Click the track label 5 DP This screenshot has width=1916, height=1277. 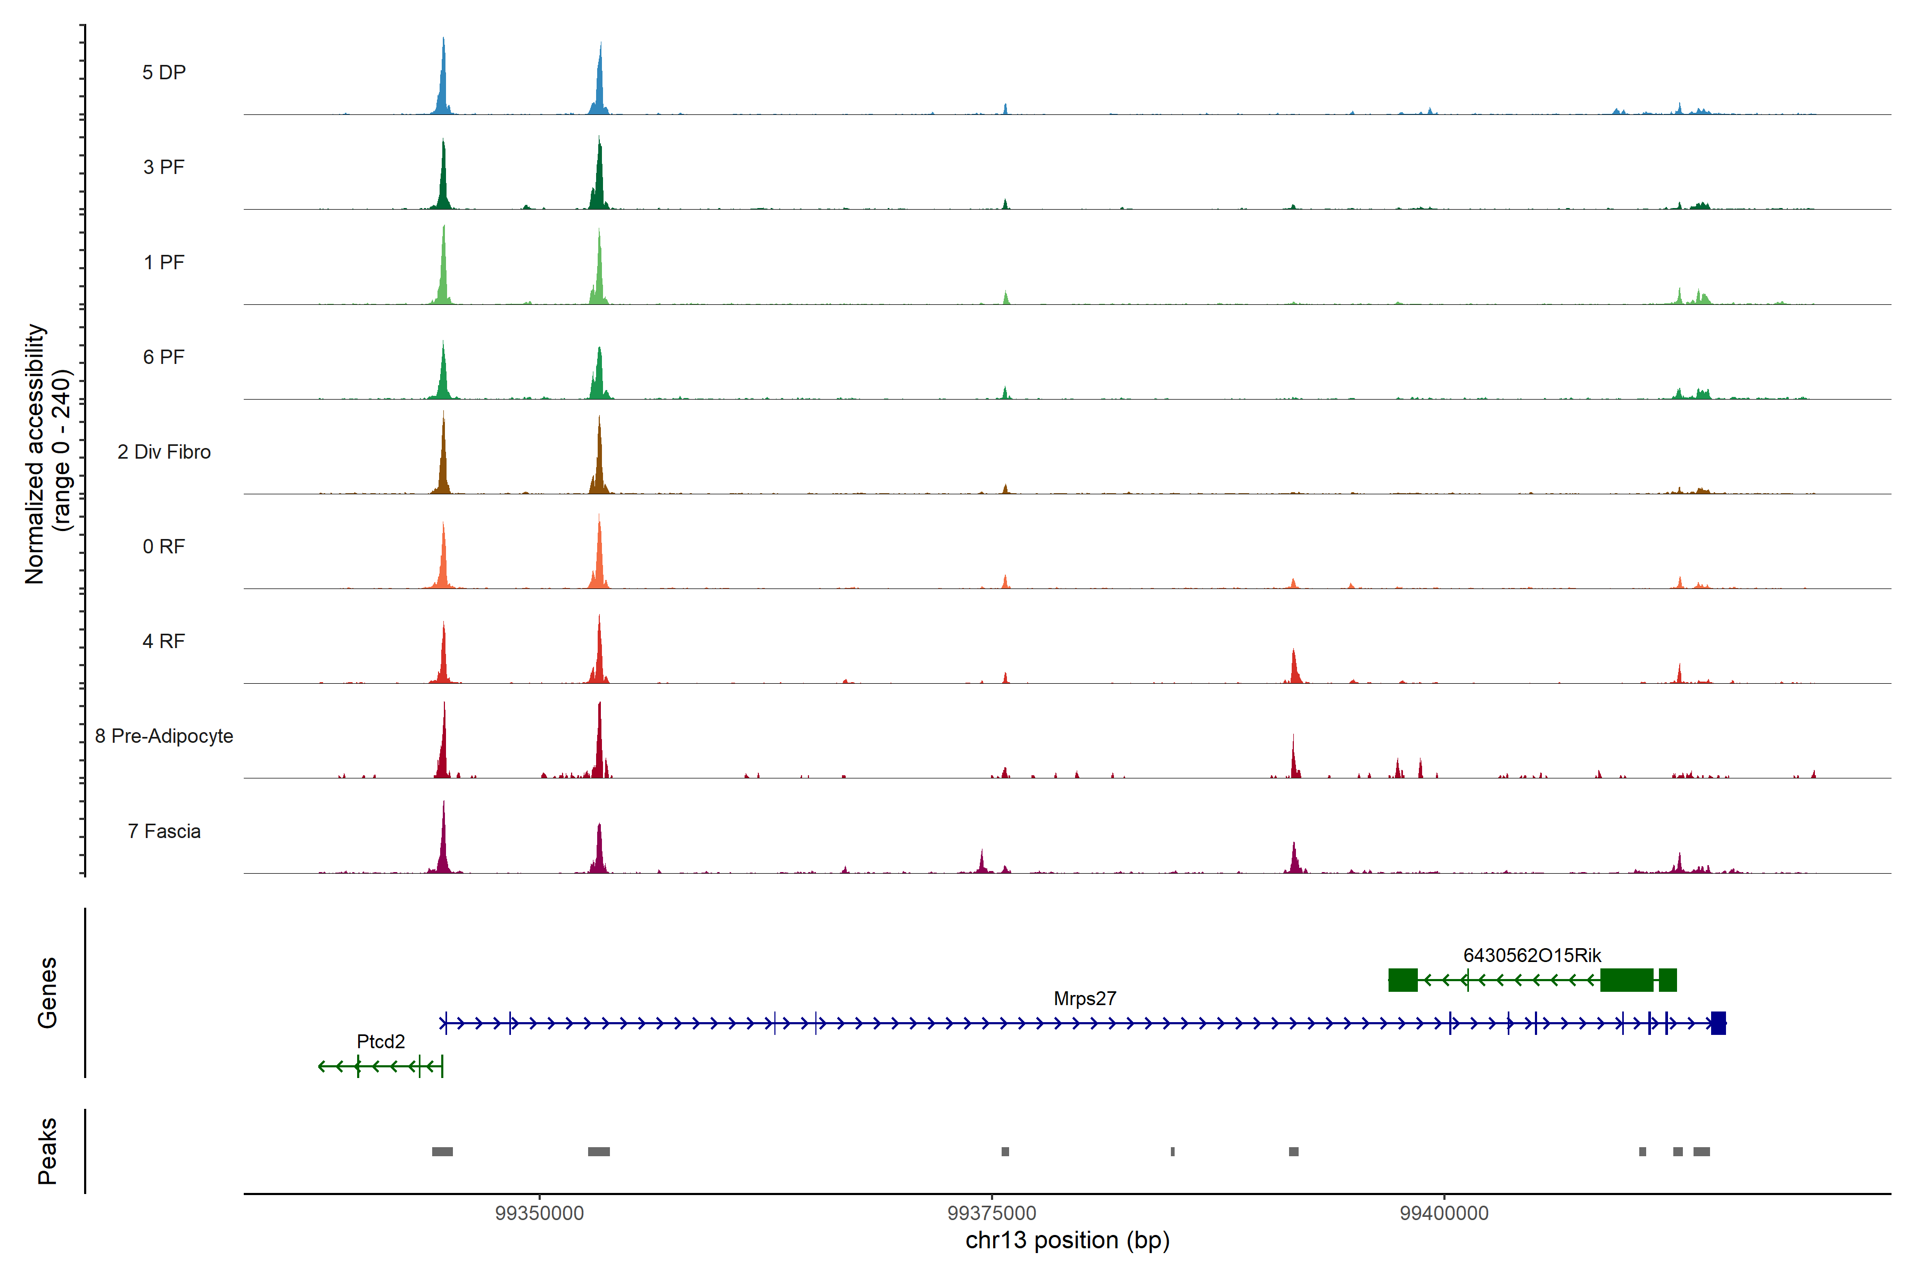pyautogui.click(x=164, y=72)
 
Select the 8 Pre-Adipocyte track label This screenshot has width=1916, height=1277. pyautogui.click(x=164, y=736)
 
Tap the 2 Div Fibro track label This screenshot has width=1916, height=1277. pyautogui.click(x=164, y=452)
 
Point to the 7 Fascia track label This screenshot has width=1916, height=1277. pyautogui.click(x=164, y=832)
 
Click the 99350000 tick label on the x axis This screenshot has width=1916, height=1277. pyautogui.click(x=539, y=1214)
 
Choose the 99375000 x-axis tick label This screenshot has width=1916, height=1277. pyautogui.click(x=992, y=1214)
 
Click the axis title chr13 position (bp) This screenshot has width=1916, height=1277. pyautogui.click(x=1067, y=1240)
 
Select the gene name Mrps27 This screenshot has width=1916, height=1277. pyautogui.click(x=1084, y=999)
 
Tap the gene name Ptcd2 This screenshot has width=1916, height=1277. pyautogui.click(x=381, y=1042)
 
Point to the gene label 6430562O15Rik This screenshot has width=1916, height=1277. pyautogui.click(x=1532, y=955)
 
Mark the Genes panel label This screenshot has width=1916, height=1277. pyautogui.click(x=47, y=993)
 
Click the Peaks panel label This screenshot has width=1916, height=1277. pyautogui.click(x=47, y=1151)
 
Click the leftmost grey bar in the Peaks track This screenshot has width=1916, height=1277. pyautogui.click(x=442, y=1151)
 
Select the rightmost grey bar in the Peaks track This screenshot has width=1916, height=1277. pyautogui.click(x=1701, y=1151)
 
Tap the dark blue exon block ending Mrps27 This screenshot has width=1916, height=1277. pyautogui.click(x=1718, y=1023)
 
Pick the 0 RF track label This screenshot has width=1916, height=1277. pyautogui.click(x=164, y=546)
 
